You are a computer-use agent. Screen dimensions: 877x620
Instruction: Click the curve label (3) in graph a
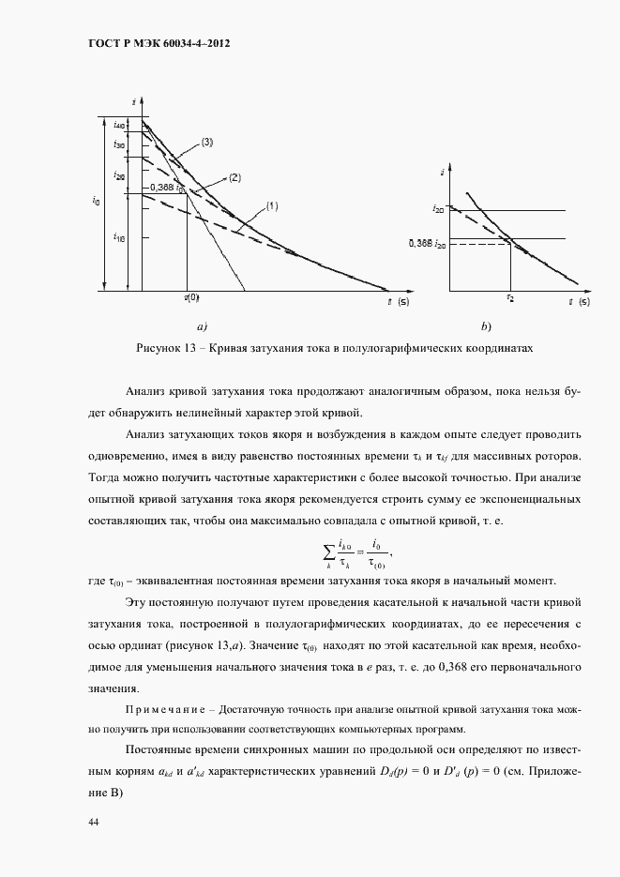tap(207, 143)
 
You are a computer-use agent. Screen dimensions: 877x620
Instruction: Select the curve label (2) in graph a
tap(234, 177)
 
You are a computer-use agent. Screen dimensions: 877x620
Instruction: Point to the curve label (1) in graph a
tap(272, 205)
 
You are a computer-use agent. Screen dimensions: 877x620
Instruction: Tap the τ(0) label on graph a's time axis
tap(190, 298)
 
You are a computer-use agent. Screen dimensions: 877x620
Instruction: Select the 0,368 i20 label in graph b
tap(427, 244)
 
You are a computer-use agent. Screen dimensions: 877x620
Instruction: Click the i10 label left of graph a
tap(119, 237)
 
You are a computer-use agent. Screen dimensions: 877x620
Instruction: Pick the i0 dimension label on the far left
tap(96, 200)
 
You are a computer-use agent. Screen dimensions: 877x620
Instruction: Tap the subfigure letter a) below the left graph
tap(201, 326)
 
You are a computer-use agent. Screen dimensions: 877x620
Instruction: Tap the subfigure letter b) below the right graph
tap(486, 326)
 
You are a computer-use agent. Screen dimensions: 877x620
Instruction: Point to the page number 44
tap(93, 822)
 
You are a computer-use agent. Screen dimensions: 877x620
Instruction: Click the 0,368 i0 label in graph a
tap(167, 189)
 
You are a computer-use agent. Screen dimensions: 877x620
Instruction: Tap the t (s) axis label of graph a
tap(398, 302)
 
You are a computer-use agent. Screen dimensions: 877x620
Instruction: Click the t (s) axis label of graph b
tap(580, 302)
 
